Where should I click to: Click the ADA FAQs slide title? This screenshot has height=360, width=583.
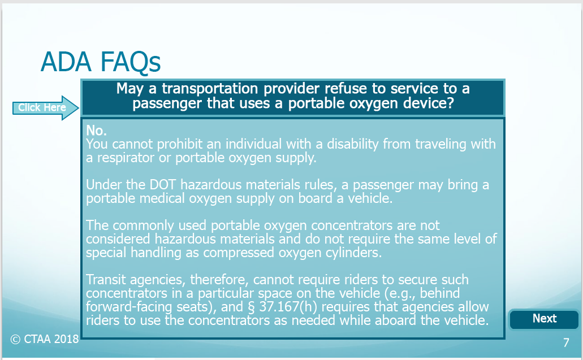pyautogui.click(x=101, y=62)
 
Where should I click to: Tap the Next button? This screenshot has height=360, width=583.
pyautogui.click(x=544, y=319)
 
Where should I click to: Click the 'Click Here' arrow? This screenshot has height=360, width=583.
pyautogui.click(x=46, y=108)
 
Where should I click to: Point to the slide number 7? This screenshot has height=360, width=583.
pyautogui.click(x=566, y=342)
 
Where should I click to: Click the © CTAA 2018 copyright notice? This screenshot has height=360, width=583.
pyautogui.click(x=45, y=339)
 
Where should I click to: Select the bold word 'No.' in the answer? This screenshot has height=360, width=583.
pyautogui.click(x=96, y=131)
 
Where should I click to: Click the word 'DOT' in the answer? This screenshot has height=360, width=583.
pyautogui.click(x=163, y=185)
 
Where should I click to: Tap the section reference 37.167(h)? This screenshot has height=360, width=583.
pyautogui.click(x=288, y=307)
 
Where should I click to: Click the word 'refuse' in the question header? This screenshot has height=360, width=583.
pyautogui.click(x=346, y=89)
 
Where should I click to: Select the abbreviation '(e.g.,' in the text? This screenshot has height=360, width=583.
pyautogui.click(x=400, y=293)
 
